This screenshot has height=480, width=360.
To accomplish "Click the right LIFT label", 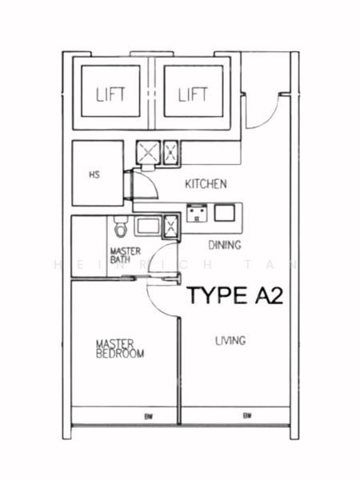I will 193,95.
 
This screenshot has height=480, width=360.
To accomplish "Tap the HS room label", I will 94,174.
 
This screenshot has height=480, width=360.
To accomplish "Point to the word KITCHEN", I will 206,184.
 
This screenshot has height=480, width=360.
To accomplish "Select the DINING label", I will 225,245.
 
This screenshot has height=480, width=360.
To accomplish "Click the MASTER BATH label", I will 125,254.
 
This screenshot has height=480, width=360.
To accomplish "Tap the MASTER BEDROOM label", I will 120,347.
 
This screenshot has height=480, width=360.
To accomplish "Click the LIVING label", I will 230,341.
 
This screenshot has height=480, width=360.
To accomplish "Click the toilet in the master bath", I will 121,229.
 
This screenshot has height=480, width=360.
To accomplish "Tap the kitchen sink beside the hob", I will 224,213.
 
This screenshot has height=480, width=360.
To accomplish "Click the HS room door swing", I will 142,186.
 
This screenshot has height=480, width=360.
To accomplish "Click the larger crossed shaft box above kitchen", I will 149,153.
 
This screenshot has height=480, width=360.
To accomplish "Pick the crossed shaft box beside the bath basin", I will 171,227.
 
